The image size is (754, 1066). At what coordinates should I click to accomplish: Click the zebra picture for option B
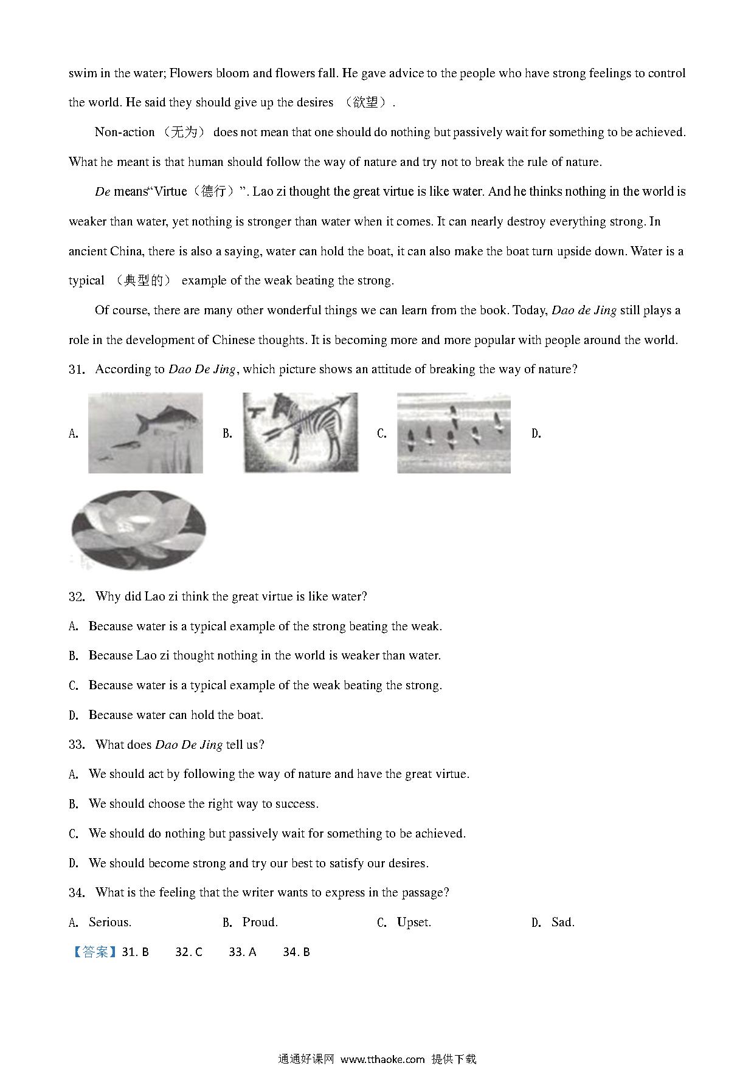click(x=300, y=432)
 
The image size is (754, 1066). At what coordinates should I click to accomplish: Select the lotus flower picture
click(x=139, y=530)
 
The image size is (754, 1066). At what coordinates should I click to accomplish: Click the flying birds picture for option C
click(x=454, y=432)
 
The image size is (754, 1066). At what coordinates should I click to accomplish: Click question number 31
click(x=77, y=370)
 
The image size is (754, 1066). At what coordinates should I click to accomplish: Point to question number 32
click(x=77, y=597)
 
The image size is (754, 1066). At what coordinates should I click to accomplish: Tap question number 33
click(x=77, y=745)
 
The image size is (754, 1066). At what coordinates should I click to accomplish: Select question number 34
click(x=77, y=893)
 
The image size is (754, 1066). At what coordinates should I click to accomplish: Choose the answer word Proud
click(x=260, y=923)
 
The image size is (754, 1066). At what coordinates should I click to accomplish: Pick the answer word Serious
click(x=110, y=923)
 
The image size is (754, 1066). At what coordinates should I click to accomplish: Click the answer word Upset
click(x=413, y=923)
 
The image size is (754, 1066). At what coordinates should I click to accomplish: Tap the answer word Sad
click(x=562, y=923)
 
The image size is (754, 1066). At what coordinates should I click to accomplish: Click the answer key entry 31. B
click(x=136, y=952)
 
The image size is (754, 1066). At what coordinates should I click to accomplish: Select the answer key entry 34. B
click(x=296, y=952)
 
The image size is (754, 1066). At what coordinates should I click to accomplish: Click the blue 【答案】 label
click(x=94, y=952)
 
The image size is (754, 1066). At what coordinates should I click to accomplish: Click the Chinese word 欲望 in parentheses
click(x=365, y=103)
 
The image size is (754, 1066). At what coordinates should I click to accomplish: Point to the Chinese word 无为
click(x=184, y=132)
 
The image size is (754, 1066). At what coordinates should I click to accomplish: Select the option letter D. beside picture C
click(x=536, y=434)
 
